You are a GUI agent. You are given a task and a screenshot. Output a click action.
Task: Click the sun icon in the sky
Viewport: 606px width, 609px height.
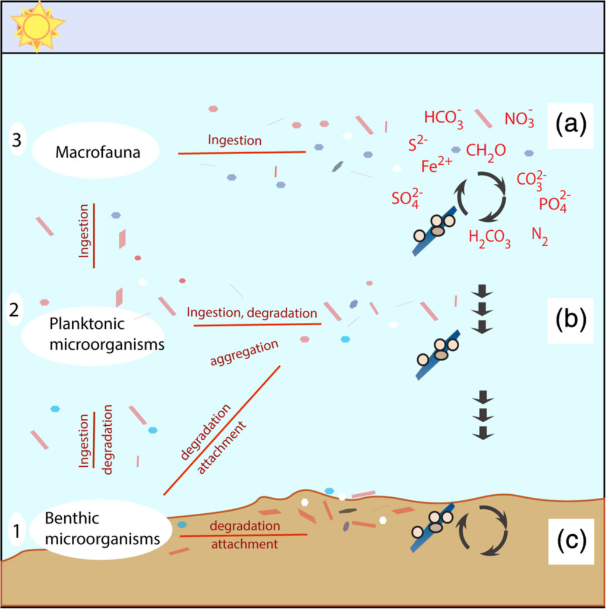coord(37,26)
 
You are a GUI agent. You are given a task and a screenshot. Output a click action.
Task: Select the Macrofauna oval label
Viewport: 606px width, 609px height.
coord(95,152)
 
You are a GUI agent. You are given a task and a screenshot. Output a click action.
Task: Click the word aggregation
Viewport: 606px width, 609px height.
coord(245,354)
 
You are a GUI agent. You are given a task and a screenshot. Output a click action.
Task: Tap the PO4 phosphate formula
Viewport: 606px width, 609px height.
coord(555,203)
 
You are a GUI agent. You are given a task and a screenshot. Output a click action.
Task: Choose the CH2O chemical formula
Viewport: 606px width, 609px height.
coord(486,150)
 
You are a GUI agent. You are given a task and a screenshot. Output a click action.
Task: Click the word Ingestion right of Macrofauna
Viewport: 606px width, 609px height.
coord(235,140)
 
